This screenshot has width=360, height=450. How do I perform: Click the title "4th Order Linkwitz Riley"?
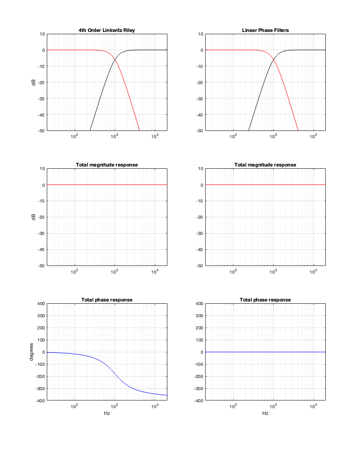click(107, 30)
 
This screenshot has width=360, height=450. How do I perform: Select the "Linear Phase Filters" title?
click(265, 30)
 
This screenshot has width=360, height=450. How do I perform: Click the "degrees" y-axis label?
click(32, 352)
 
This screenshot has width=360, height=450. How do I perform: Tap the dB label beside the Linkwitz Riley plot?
click(34, 82)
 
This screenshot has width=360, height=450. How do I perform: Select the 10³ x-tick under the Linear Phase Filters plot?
click(273, 136)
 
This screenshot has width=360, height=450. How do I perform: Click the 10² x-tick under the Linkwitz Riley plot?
click(74, 136)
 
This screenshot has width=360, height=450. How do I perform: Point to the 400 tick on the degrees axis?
click(40, 304)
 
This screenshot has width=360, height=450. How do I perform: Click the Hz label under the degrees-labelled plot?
click(107, 413)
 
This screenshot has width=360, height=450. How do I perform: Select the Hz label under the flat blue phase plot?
click(265, 413)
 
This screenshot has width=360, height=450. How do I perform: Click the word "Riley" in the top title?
click(128, 30)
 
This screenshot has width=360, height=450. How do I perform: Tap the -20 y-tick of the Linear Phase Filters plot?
click(199, 82)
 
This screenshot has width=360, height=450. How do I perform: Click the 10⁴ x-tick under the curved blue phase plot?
click(155, 406)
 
